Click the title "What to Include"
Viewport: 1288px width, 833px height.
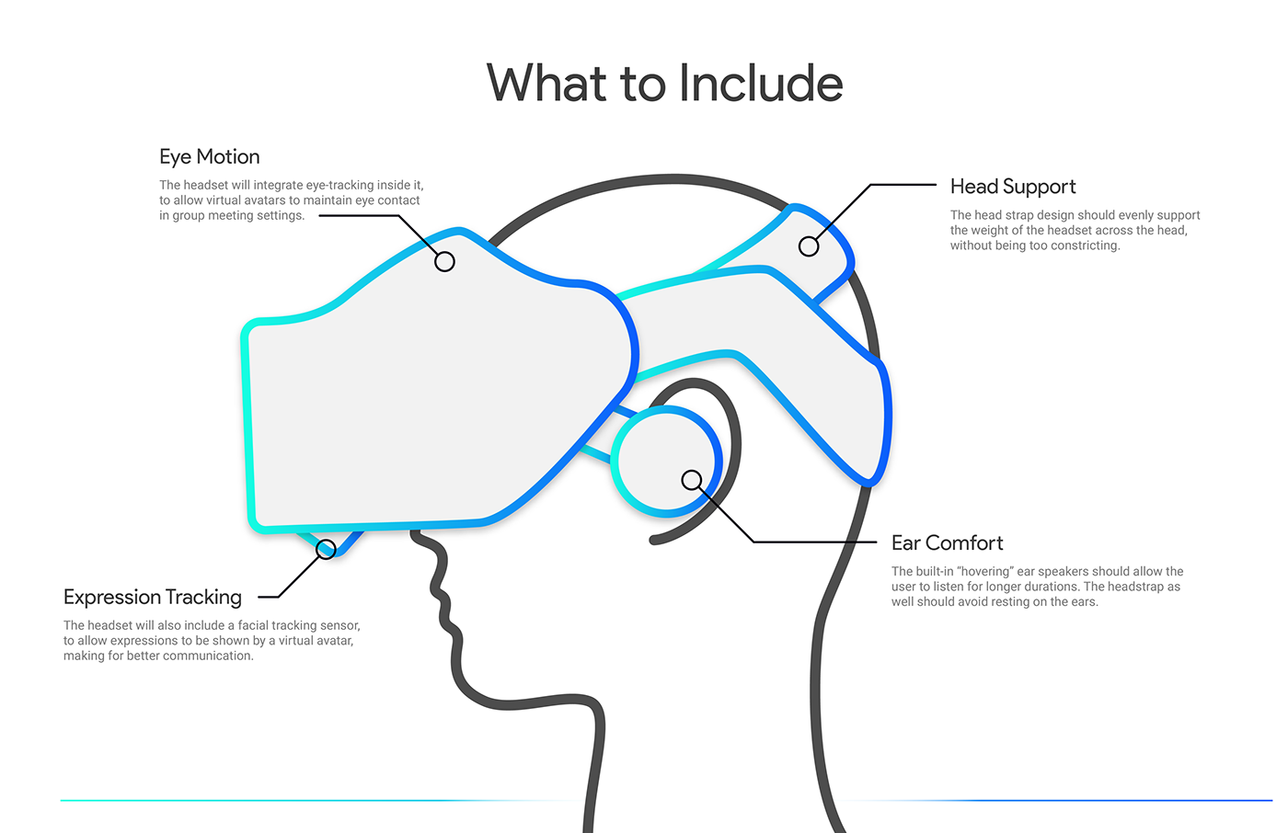coord(664,84)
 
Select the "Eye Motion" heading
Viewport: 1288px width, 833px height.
coord(210,157)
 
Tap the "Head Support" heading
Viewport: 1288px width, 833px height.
coord(1012,187)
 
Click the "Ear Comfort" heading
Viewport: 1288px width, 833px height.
coord(947,543)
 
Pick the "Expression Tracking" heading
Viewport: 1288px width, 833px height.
coord(153,598)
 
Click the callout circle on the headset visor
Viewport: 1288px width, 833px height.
coord(444,262)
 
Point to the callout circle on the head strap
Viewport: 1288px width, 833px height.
coord(809,246)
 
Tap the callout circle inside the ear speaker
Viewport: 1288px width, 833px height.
coord(692,480)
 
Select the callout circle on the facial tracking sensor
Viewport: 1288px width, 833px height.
coord(326,550)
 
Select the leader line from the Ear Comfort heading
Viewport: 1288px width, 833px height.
coord(810,542)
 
